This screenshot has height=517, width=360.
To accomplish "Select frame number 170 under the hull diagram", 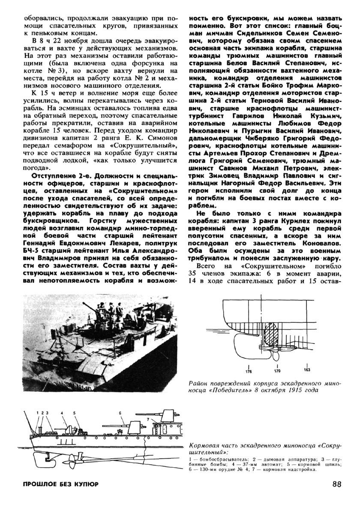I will (x=276, y=371).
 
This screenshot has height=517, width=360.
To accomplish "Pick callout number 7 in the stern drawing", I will (x=148, y=418).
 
